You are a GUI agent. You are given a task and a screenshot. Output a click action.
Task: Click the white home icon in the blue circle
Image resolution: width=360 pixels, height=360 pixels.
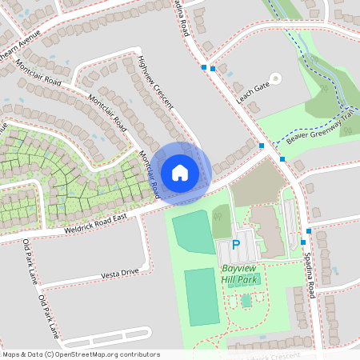point(180,172)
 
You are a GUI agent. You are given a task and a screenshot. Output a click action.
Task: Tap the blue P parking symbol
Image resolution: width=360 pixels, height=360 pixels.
point(236,245)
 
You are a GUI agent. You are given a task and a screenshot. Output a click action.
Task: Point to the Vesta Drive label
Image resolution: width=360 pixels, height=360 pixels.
point(120,273)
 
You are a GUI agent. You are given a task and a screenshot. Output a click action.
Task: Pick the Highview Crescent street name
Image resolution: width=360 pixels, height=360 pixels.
point(155,88)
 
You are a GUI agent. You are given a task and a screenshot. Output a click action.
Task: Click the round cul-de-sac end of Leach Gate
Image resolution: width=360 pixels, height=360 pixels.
point(276,78)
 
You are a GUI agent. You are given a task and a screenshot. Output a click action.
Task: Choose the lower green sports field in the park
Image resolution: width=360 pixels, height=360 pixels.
point(202,297)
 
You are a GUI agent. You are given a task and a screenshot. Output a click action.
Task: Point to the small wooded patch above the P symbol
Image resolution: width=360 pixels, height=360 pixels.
point(222,221)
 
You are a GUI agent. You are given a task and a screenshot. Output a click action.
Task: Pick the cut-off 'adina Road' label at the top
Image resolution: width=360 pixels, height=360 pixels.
point(182,17)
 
